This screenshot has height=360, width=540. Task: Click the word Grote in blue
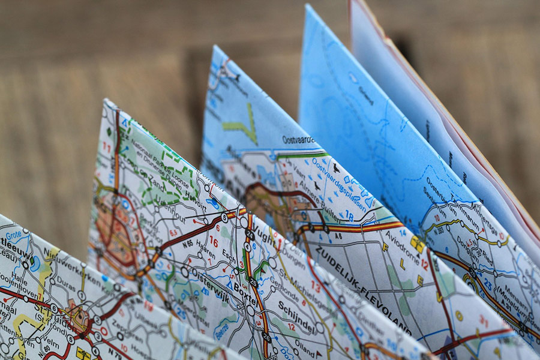click(x=13, y=233)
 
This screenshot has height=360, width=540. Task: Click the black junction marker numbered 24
click(x=250, y=235)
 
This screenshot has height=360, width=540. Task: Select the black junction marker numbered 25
click(x=254, y=283)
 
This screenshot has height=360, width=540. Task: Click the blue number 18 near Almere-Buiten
click(x=349, y=215)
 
